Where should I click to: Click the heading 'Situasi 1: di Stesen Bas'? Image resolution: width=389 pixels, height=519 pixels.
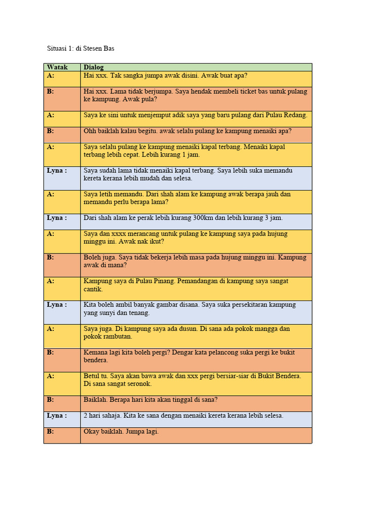point(81,49)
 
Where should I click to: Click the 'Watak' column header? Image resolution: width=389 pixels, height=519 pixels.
point(57,67)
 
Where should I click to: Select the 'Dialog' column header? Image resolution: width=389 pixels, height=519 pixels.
point(94,67)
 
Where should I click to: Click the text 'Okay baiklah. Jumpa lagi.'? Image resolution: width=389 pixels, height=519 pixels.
point(121,431)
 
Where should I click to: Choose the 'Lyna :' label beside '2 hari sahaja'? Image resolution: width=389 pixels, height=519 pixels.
point(57,416)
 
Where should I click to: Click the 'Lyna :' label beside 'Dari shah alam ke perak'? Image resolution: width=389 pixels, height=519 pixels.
point(57,218)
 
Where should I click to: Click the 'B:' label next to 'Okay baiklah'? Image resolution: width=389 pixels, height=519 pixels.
point(51,431)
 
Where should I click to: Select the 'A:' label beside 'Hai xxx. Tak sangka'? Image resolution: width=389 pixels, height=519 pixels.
point(51,76)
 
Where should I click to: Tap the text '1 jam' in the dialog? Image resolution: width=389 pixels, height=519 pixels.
point(189,155)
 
